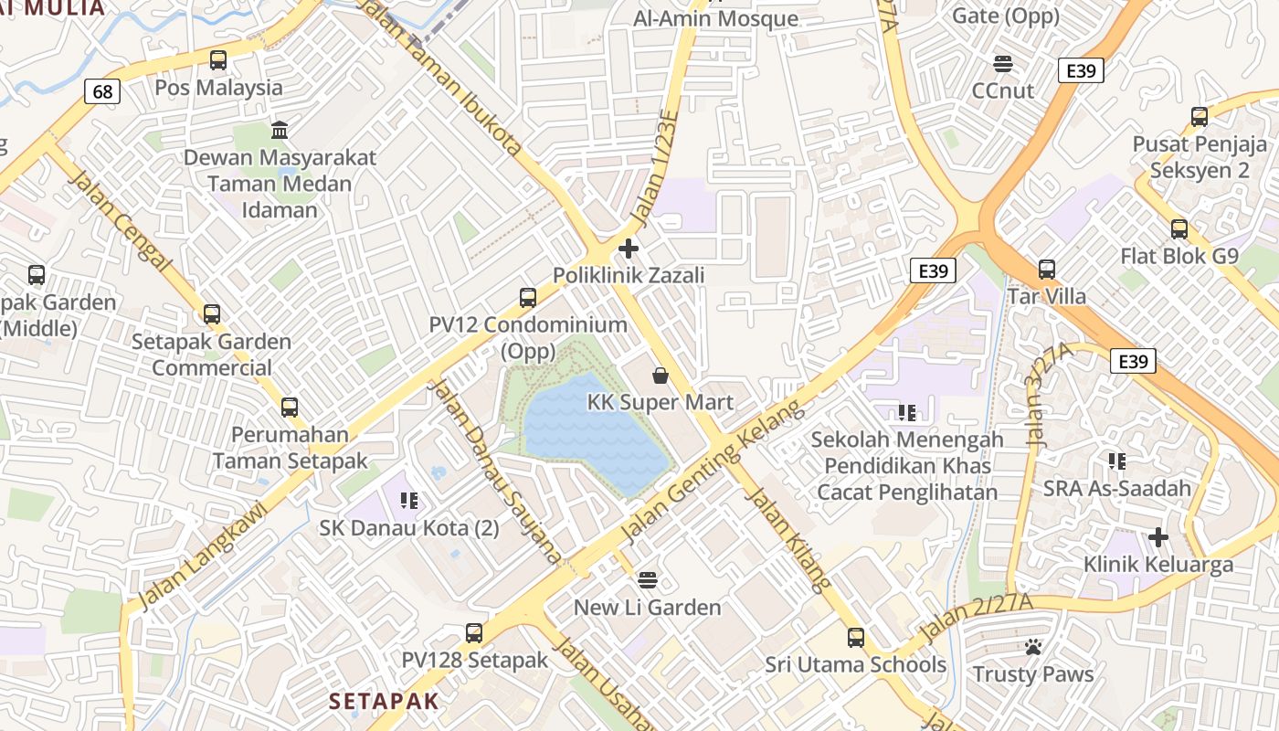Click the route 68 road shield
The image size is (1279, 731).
click(x=102, y=91)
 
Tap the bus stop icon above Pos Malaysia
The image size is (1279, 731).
click(x=217, y=60)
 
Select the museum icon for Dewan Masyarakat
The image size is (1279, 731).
click(x=280, y=130)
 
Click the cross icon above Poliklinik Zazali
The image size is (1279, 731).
click(x=629, y=248)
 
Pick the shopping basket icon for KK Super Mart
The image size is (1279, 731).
click(x=660, y=376)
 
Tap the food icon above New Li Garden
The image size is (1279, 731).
click(x=648, y=579)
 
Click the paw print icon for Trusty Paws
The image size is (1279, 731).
click(x=1033, y=647)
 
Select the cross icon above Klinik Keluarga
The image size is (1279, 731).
click(x=1158, y=536)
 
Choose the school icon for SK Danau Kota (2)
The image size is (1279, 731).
click(x=408, y=500)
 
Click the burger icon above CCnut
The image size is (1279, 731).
click(x=1003, y=63)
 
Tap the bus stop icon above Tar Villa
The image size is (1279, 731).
click(x=1047, y=270)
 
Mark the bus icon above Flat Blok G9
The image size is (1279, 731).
click(x=1179, y=228)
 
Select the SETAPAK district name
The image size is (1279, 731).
click(x=384, y=701)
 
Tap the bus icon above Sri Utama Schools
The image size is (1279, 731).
click(x=855, y=637)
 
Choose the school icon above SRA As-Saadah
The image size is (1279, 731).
click(x=1116, y=461)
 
